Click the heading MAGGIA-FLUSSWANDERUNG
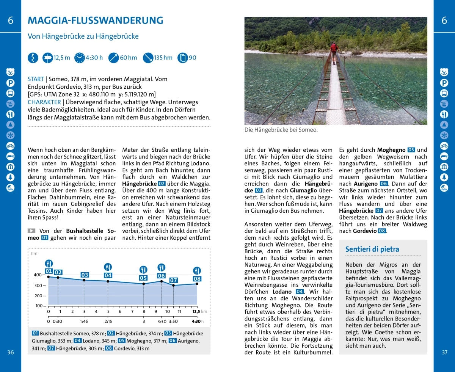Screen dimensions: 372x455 pos(96,20)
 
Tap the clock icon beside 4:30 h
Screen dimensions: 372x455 pos(80,58)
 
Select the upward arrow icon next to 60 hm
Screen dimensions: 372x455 pos(114,58)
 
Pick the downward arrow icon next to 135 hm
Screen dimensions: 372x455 pos(148,58)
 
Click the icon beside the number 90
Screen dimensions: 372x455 pos(183,58)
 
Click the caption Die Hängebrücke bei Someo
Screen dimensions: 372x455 pos(281,130)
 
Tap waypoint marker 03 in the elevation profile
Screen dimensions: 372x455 pos(85,275)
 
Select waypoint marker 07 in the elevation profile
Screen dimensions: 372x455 pos(173,280)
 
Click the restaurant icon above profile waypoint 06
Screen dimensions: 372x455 pos(162,267)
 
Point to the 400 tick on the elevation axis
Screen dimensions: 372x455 pos(38,275)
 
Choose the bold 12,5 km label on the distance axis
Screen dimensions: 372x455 pos(196,311)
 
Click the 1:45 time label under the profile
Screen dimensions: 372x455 pos(84,321)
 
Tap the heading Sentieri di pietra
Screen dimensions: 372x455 pos(372,249)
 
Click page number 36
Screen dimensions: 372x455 pos(10,352)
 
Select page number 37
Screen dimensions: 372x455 pos(444,352)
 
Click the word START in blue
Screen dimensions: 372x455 pos(36,79)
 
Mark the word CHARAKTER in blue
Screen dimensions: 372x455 pos(44,102)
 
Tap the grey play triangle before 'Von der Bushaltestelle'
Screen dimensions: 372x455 pos(31,231)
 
